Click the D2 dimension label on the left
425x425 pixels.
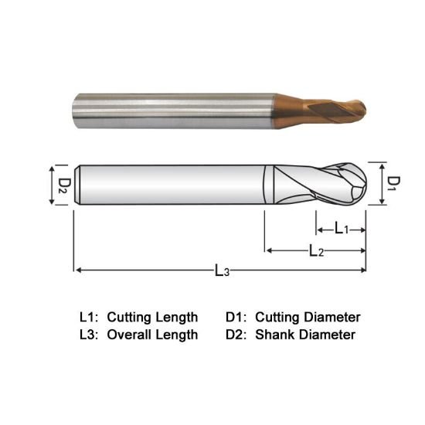[64, 185]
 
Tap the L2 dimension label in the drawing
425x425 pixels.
[315, 250]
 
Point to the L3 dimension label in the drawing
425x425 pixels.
[221, 270]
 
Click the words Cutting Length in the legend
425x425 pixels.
[152, 317]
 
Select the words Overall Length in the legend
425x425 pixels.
[152, 335]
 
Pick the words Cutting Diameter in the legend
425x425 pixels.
[308, 317]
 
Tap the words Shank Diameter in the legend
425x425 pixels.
[304, 335]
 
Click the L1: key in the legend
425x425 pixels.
[90, 317]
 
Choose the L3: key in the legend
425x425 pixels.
[90, 335]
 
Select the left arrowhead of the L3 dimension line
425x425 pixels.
[77, 270]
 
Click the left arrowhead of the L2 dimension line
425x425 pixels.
[269, 250]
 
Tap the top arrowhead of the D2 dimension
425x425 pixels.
[52, 168]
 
